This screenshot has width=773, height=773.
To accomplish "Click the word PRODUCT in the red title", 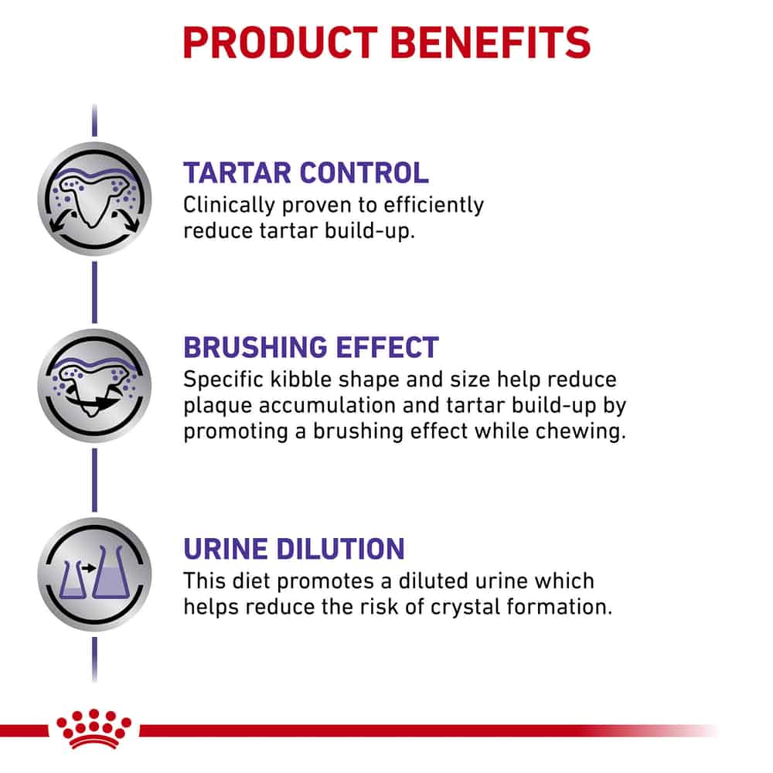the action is click(x=280, y=43).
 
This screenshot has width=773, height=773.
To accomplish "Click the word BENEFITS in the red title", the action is click(x=491, y=43).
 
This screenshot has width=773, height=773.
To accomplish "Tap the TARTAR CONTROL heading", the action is click(x=305, y=173).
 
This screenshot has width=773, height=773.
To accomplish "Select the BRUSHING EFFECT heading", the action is click(x=311, y=348).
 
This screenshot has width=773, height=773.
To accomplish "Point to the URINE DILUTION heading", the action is click(x=294, y=549).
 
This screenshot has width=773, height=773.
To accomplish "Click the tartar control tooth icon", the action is click(x=94, y=199).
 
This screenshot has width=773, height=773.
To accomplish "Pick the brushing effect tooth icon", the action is click(x=94, y=386).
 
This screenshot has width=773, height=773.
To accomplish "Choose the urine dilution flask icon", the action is click(x=94, y=574).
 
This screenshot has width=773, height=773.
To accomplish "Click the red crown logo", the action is click(x=94, y=729).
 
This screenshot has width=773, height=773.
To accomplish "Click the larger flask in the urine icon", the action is click(x=111, y=572).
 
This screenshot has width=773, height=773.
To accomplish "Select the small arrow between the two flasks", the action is click(x=89, y=568).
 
